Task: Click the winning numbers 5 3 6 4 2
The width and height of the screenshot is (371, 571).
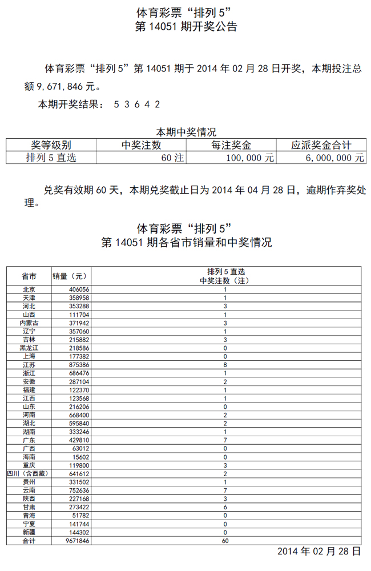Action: click(136, 104)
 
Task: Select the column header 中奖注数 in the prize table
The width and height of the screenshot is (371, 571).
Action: click(142, 145)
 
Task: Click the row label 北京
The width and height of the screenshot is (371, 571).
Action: click(29, 289)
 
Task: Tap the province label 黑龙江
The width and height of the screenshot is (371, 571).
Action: click(29, 347)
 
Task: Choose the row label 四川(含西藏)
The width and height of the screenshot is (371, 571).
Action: click(29, 473)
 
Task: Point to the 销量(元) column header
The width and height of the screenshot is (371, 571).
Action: click(70, 276)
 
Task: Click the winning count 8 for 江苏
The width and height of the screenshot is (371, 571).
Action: click(225, 364)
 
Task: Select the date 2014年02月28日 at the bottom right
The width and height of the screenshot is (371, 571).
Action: click(318, 552)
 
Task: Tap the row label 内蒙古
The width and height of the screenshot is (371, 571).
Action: click(29, 323)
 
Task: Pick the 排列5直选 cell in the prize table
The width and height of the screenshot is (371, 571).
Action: click(51, 158)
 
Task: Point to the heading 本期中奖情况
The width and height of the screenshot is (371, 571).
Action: click(185, 132)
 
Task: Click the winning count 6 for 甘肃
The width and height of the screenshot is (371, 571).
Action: click(225, 506)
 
